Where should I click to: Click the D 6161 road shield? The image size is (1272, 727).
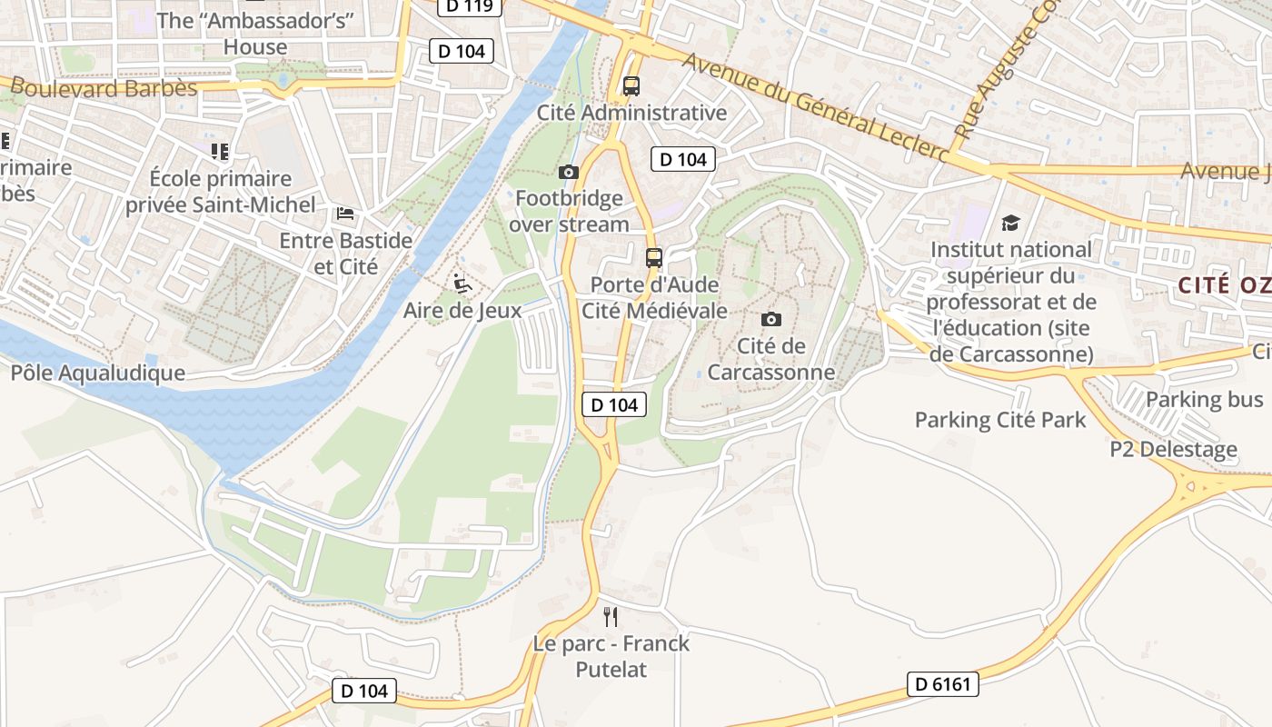pyautogui.click(x=942, y=684)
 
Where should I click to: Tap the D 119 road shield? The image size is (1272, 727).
pyautogui.click(x=470, y=6)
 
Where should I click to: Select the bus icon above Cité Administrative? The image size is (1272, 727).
pyautogui.click(x=631, y=86)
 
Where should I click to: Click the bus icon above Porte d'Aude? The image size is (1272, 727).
pyautogui.click(x=653, y=257)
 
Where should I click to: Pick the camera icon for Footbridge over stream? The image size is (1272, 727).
pyautogui.click(x=568, y=172)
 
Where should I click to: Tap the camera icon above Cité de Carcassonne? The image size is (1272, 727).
pyautogui.click(x=770, y=319)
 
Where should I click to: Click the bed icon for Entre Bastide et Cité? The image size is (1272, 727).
pyautogui.click(x=345, y=214)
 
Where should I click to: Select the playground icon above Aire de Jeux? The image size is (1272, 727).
pyautogui.click(x=462, y=284)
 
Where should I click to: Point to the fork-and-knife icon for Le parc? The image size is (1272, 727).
pyautogui.click(x=611, y=617)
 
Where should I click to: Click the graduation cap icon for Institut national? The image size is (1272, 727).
pyautogui.click(x=1010, y=223)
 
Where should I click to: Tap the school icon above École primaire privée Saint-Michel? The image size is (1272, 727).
pyautogui.click(x=218, y=151)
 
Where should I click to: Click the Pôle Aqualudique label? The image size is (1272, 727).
pyautogui.click(x=98, y=373)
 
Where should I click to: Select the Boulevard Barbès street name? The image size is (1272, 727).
pyautogui.click(x=104, y=88)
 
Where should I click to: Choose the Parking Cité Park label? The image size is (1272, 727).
pyautogui.click(x=999, y=420)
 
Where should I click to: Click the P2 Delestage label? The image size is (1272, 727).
pyautogui.click(x=1173, y=449)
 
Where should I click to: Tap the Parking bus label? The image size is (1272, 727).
pyautogui.click(x=1204, y=399)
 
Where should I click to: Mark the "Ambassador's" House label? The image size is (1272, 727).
pyautogui.click(x=255, y=33)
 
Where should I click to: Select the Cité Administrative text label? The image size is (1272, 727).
pyautogui.click(x=631, y=113)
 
